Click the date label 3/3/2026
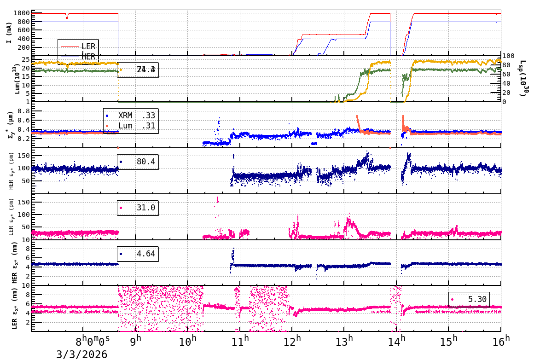(82, 354)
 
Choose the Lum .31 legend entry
(130, 126)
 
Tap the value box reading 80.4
(138, 162)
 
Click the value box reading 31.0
(138, 208)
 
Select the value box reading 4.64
(138, 254)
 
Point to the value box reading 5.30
(469, 299)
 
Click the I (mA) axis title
(9, 33)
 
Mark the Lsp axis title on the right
(522, 78)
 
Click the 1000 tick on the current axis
(22, 13)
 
